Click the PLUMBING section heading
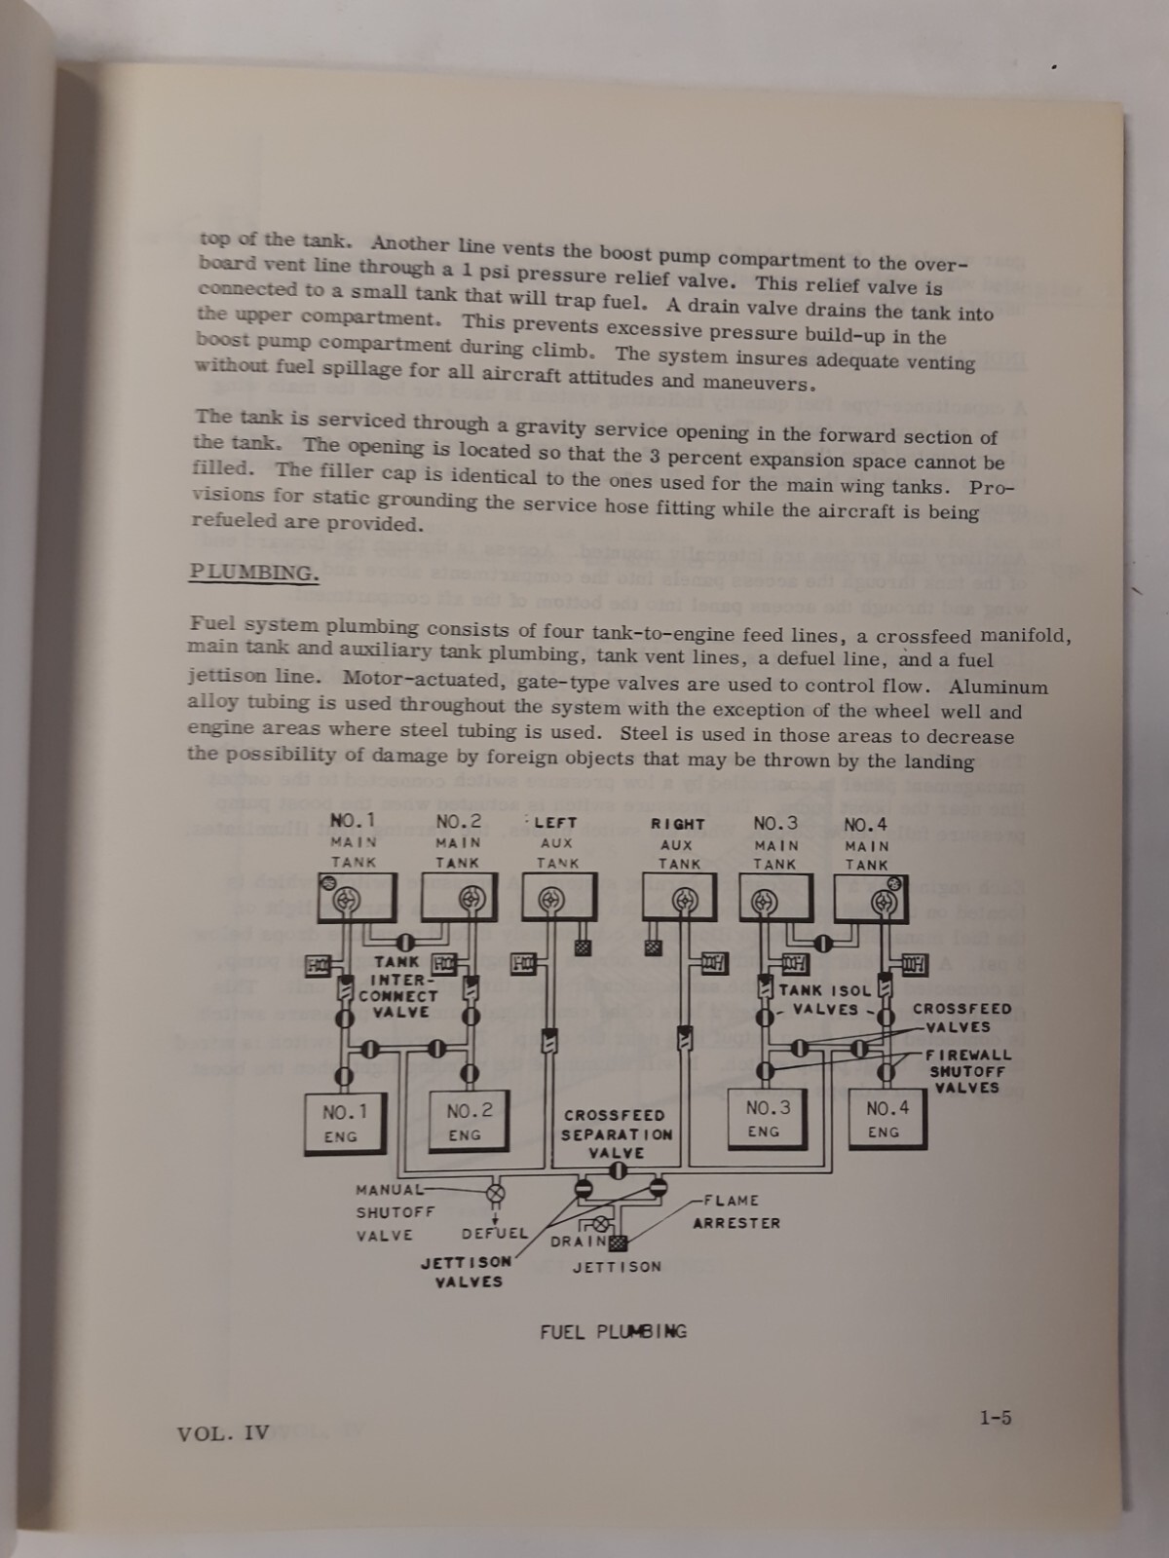click(x=253, y=572)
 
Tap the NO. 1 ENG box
click(x=342, y=1123)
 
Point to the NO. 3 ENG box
click(x=767, y=1119)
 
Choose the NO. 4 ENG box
click(x=886, y=1120)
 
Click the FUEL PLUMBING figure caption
click(x=613, y=1331)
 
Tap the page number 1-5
click(x=995, y=1418)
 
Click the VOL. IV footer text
click(x=223, y=1432)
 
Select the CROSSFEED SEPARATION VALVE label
click(x=616, y=1133)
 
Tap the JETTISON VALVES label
click(x=468, y=1272)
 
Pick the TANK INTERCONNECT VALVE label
click(x=397, y=987)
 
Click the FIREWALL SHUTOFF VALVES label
click(x=967, y=1071)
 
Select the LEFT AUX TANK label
click(x=556, y=842)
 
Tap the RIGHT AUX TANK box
click(x=679, y=896)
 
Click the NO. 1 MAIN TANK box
click(x=357, y=897)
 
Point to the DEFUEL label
click(x=494, y=1234)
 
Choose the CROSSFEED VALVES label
click(x=962, y=1018)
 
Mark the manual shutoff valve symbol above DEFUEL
click(x=495, y=1193)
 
